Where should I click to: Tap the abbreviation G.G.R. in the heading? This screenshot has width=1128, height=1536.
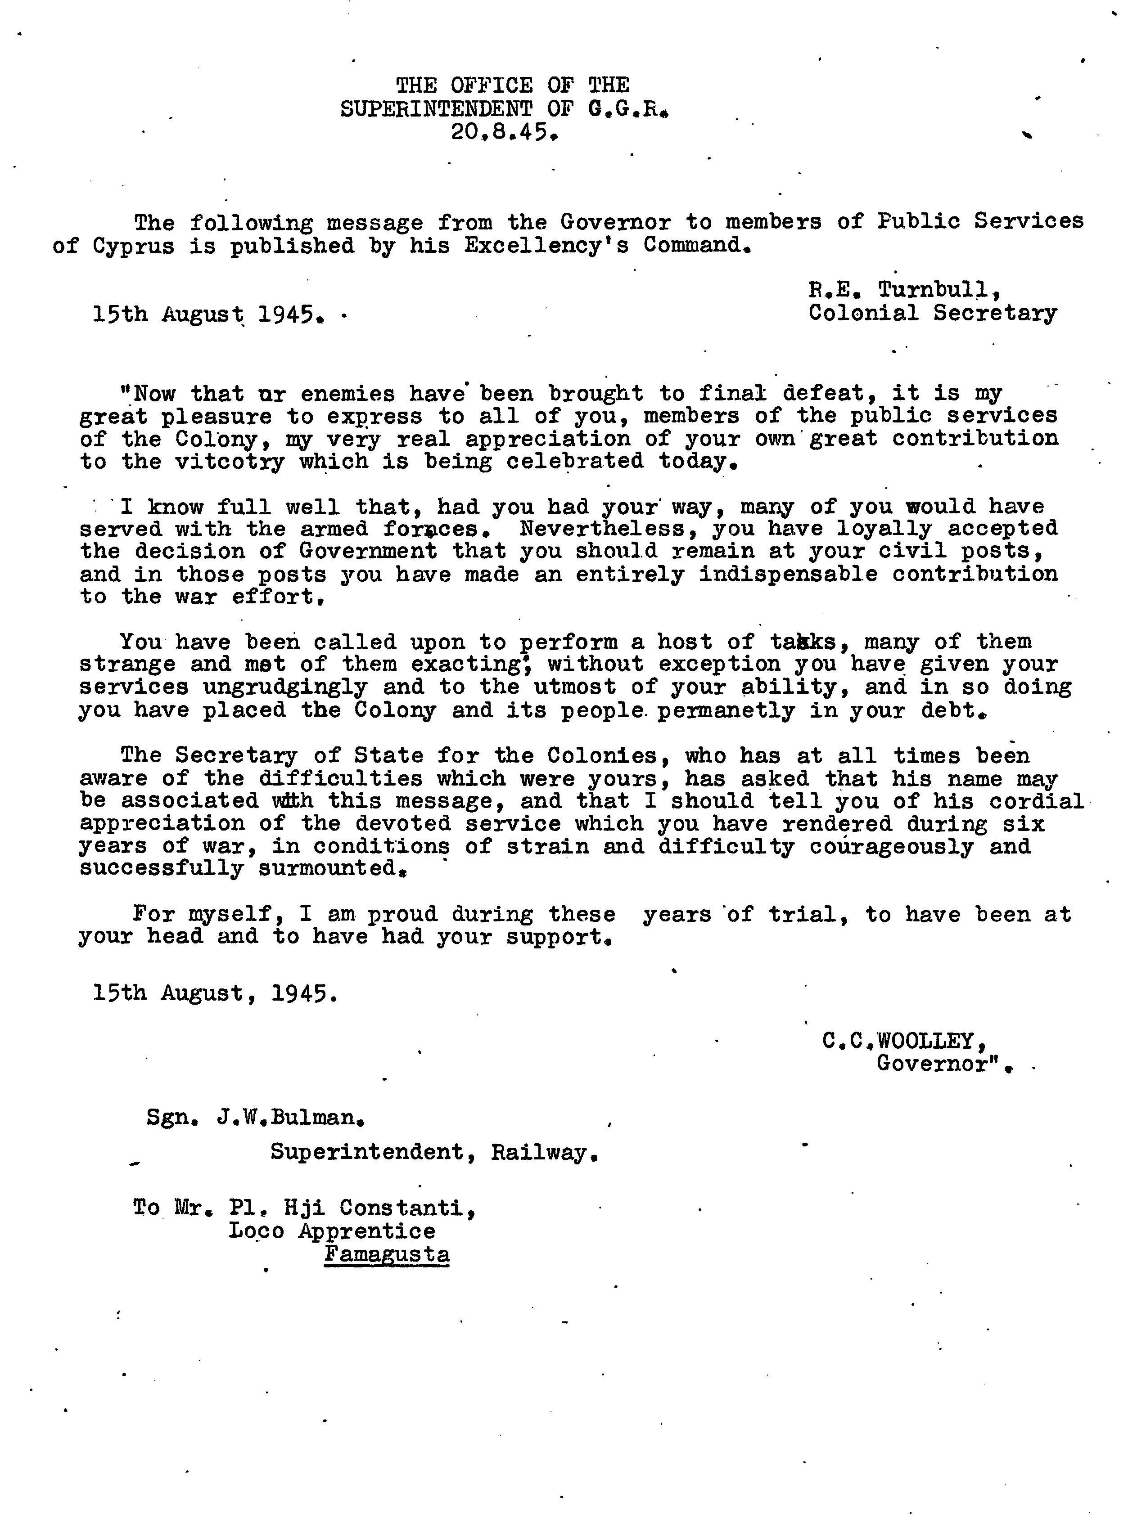click(627, 108)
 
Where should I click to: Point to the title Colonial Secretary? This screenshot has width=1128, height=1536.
click(932, 313)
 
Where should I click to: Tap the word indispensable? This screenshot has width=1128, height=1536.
click(788, 575)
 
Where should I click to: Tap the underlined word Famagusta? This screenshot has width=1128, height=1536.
click(387, 1255)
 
